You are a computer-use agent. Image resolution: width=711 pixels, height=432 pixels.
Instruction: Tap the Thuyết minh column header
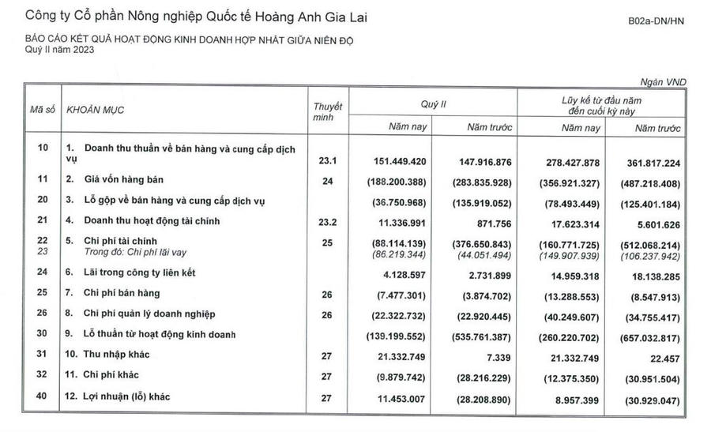[x=327, y=111]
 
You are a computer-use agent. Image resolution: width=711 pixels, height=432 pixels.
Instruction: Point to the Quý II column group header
[x=434, y=103]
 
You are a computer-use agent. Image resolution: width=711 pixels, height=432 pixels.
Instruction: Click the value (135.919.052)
[x=483, y=201]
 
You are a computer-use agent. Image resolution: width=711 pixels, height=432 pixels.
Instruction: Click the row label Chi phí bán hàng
[x=118, y=293]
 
